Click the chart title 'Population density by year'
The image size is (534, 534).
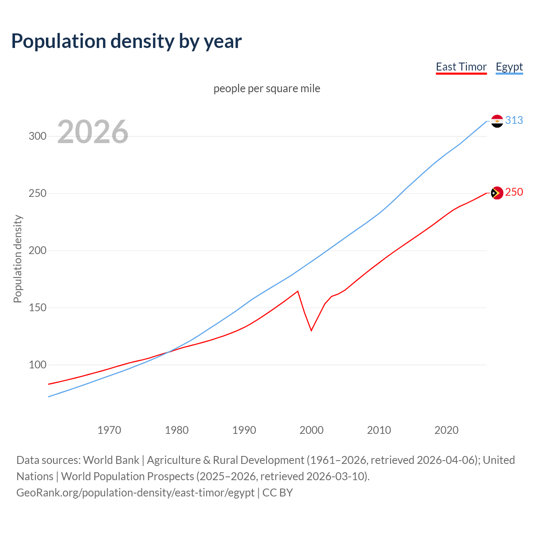click(x=126, y=41)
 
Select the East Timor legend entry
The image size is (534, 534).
click(x=461, y=67)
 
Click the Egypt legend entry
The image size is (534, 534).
click(x=509, y=67)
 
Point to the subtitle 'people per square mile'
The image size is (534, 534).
click(x=267, y=89)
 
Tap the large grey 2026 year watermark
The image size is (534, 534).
click(x=93, y=132)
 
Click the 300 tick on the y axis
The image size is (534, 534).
click(x=38, y=136)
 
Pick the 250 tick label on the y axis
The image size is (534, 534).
click(x=38, y=194)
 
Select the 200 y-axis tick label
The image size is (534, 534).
click(x=38, y=251)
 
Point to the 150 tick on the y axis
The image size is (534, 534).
click(x=38, y=308)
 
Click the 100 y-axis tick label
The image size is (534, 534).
click(x=38, y=365)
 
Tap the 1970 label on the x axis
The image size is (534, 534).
click(x=109, y=430)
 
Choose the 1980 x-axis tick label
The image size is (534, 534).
click(x=177, y=430)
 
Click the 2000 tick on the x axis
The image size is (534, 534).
click(x=312, y=430)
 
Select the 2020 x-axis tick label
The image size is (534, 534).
click(x=446, y=430)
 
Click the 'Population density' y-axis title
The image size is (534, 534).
click(x=18, y=259)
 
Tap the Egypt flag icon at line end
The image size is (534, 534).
click(x=497, y=121)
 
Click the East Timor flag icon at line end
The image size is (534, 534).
click(x=497, y=193)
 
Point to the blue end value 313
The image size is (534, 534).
click(x=514, y=121)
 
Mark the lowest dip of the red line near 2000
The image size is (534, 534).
click(x=311, y=330)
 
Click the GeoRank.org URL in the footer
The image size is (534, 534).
click(x=135, y=493)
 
